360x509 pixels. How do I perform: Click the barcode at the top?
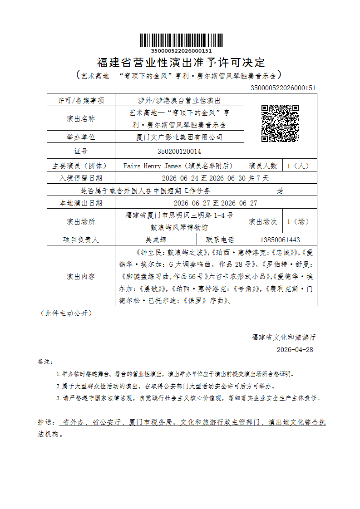coord(181,41)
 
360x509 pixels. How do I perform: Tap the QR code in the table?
coord(280,123)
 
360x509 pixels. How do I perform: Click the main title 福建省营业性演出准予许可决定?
coord(181,63)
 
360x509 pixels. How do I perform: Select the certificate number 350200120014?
coord(179,151)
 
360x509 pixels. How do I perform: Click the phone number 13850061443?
coord(280,240)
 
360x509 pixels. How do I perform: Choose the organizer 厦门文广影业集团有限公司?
coord(179,137)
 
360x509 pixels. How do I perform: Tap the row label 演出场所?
coord(81,222)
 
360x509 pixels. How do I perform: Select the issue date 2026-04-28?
coord(295,350)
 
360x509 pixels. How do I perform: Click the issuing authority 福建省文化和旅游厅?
coord(284,337)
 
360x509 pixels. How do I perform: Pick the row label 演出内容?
coord(81,276)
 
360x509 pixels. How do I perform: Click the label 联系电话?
coord(220,240)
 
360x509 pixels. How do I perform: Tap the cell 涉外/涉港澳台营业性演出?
coord(179,100)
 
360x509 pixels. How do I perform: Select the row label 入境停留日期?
coord(81,178)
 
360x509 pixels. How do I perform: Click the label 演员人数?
coord(263,166)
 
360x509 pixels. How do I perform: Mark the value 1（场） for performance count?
coord(298,222)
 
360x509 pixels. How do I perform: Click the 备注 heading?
coord(45,362)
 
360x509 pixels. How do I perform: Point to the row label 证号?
coord(81,151)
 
